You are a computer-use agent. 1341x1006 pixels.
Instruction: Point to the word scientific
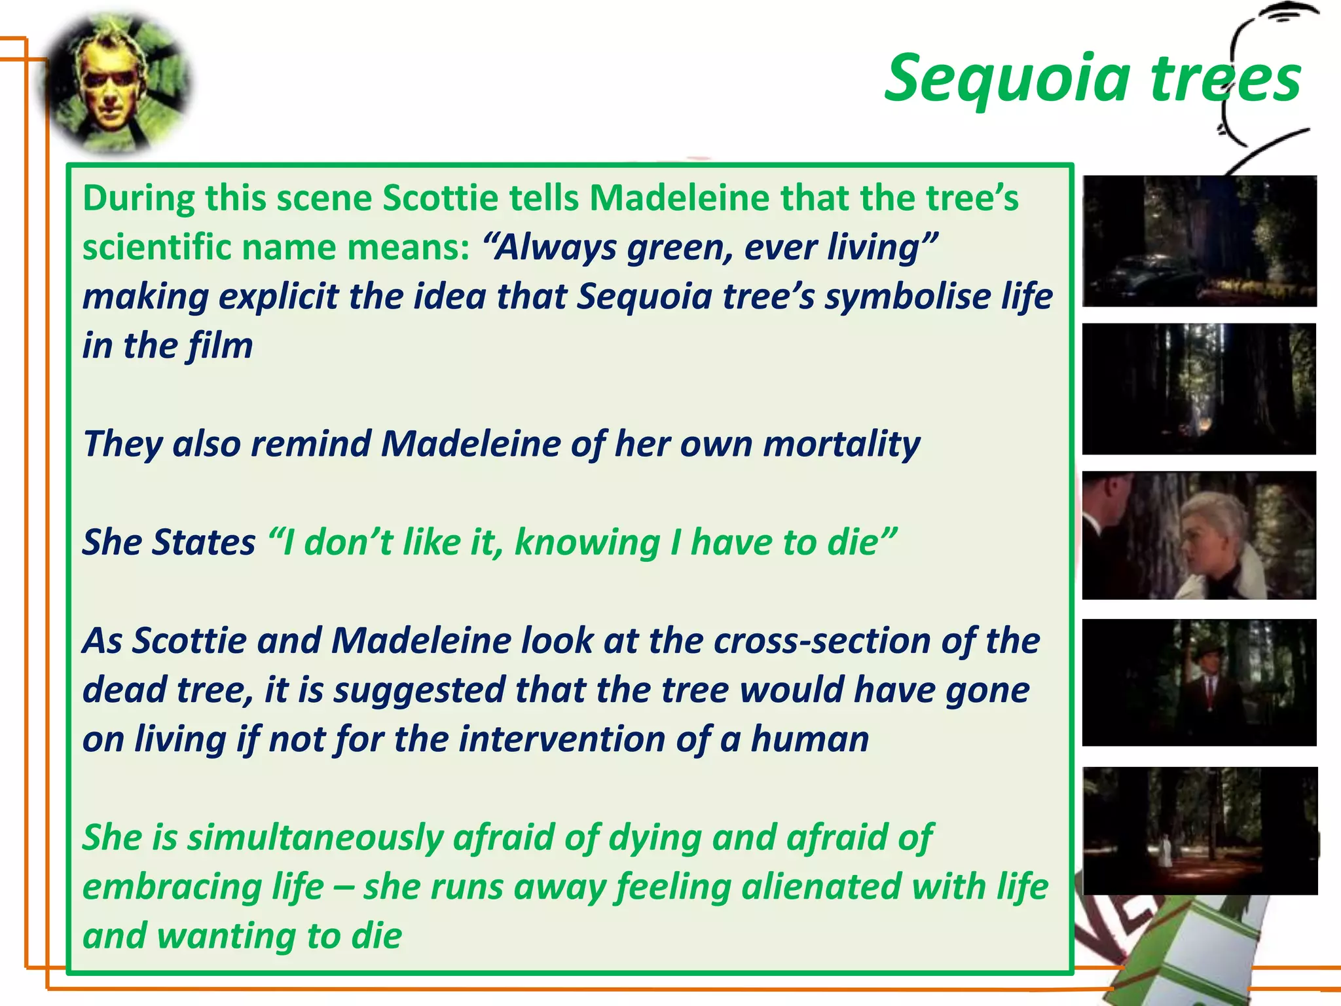(x=156, y=248)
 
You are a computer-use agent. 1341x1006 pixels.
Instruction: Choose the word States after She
(x=204, y=542)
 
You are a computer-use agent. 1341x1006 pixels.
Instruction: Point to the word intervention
(x=562, y=739)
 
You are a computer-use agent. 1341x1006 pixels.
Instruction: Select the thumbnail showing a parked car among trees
(x=1200, y=241)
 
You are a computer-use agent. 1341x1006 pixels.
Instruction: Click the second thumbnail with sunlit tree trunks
(x=1200, y=389)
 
